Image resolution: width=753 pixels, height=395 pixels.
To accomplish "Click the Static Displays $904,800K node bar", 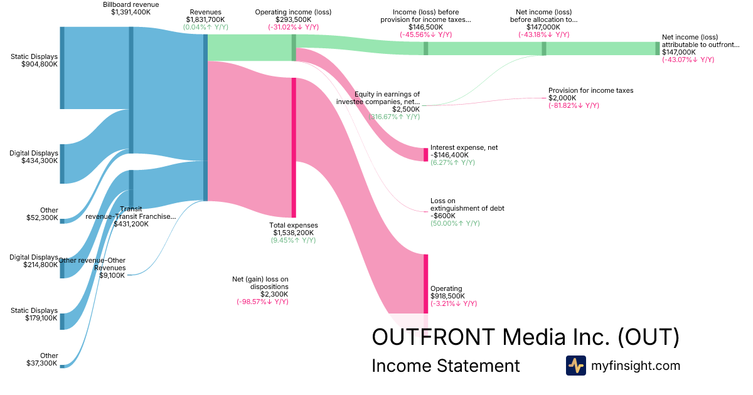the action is (x=61, y=68).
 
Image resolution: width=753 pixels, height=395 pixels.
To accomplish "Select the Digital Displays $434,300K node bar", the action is (x=61, y=164).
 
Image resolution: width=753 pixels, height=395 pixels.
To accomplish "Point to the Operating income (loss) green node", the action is (x=293, y=48).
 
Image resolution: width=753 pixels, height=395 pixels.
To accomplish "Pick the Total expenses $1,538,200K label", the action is (x=293, y=229).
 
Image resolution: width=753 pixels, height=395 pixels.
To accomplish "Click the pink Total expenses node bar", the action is (x=293, y=147).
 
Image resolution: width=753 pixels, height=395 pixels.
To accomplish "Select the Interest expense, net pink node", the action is (x=425, y=154).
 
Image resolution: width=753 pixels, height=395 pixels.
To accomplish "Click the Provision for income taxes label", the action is (x=590, y=90).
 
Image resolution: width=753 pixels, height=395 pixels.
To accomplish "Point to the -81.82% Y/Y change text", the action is (x=574, y=105).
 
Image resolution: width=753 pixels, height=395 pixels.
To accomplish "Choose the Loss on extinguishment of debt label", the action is (x=467, y=205).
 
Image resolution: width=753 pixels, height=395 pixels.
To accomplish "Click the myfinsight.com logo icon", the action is (x=575, y=366).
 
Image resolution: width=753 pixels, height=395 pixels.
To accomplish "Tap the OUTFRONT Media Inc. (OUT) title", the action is (x=525, y=337).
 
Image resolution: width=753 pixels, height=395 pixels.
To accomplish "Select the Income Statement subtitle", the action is (x=446, y=366).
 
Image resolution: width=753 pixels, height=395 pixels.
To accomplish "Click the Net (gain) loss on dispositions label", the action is (x=260, y=283).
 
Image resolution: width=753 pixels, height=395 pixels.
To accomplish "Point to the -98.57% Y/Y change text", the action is (x=262, y=302).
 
